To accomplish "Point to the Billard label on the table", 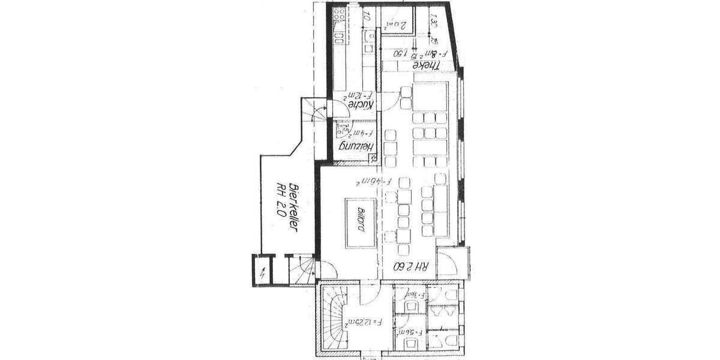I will [361, 220].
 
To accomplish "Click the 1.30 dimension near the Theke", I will [434, 22].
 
